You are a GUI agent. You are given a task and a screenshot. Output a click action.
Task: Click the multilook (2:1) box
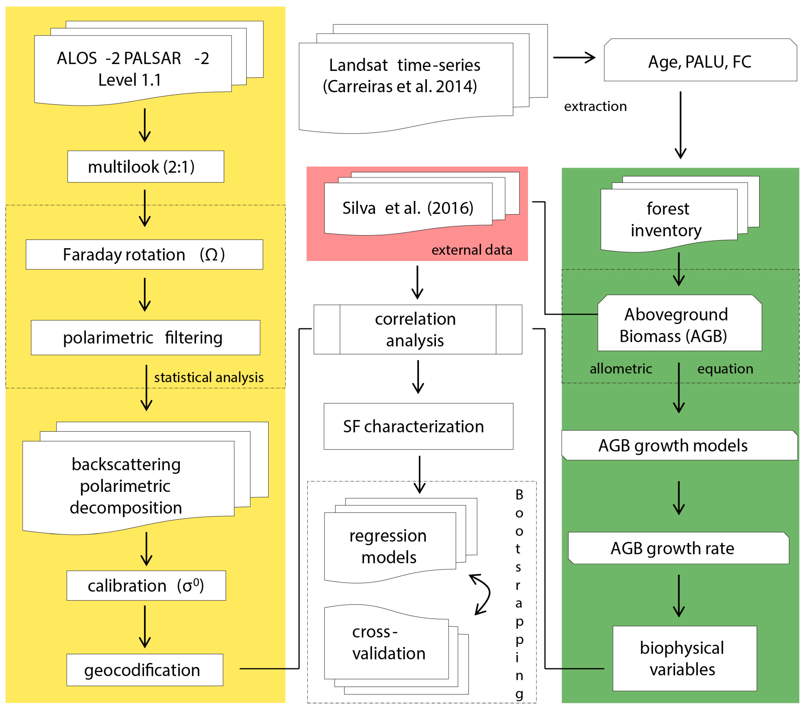point(146,167)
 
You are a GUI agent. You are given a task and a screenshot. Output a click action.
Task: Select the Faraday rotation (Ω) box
point(144,255)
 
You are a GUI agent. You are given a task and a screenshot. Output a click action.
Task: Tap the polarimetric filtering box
point(146,338)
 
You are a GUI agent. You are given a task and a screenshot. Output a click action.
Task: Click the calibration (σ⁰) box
point(146,586)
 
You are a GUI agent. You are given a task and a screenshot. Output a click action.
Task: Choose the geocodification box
point(144,670)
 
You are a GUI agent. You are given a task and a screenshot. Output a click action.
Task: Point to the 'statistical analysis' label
point(209,377)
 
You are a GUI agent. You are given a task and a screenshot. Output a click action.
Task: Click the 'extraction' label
point(595,106)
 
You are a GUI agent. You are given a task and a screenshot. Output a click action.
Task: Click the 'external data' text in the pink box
point(472,250)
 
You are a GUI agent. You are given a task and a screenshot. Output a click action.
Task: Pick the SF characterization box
point(418,426)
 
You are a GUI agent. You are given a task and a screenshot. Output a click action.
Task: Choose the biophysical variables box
point(684,658)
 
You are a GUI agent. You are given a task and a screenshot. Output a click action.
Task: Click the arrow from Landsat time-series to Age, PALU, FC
point(574,58)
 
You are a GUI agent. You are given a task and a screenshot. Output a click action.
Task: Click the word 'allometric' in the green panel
point(621,369)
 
